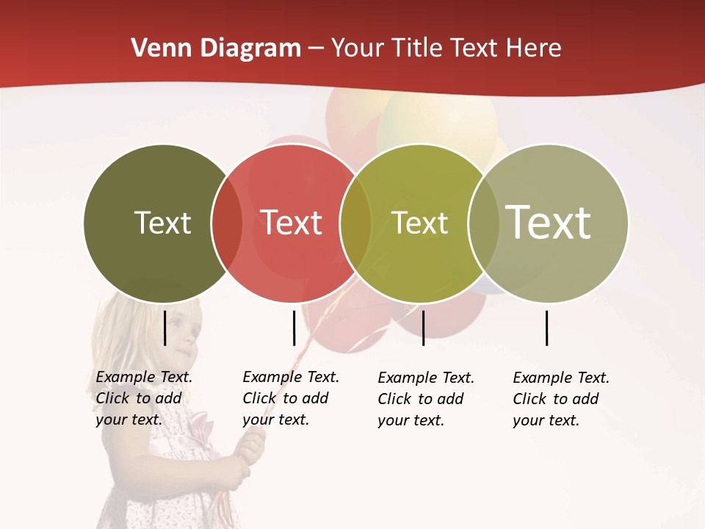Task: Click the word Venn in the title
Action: (161, 48)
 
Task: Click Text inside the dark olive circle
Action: (162, 223)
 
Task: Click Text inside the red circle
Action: (291, 223)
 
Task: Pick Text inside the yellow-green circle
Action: (419, 223)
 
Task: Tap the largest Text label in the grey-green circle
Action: (548, 222)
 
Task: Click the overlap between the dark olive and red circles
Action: (227, 223)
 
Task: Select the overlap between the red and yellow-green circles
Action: (355, 223)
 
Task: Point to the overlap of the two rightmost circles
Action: (483, 223)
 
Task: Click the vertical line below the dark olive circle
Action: (165, 328)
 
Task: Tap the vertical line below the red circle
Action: (294, 328)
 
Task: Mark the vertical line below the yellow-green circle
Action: (423, 328)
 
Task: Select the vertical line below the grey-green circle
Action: (547, 328)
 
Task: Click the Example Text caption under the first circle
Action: (143, 398)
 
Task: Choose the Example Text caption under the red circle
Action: (290, 398)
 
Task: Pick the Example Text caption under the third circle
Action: (425, 399)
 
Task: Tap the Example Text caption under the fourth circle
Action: (560, 399)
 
